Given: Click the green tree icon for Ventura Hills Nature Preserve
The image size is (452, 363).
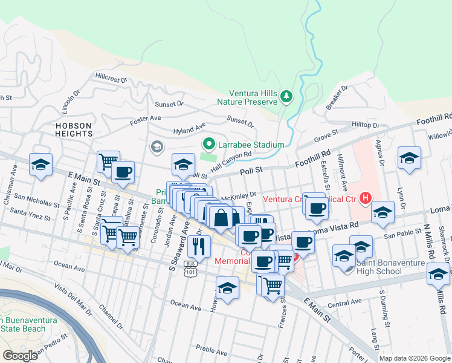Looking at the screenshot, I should (287, 96).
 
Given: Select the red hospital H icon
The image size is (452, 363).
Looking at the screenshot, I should (365, 198).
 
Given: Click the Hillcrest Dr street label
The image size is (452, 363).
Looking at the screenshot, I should (111, 79).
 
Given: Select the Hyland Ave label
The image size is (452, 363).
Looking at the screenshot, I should (189, 129).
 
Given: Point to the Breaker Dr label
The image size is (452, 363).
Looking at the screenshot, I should (337, 97).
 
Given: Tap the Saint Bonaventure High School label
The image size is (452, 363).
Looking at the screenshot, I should (387, 266).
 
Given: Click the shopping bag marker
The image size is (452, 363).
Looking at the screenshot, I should (222, 218).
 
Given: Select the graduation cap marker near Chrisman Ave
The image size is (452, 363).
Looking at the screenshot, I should (40, 165).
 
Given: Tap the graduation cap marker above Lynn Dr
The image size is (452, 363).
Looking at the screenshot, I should (409, 159).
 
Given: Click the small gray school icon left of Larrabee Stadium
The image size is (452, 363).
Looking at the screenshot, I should (157, 146).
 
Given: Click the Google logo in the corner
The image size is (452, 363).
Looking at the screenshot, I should (20, 356).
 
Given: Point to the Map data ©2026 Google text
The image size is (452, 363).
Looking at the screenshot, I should (415, 358).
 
